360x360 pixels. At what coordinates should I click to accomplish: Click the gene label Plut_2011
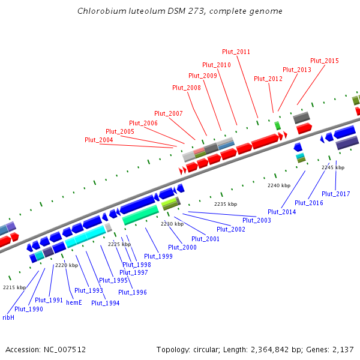tap(236, 52)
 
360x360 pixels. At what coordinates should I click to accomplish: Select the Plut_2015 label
tap(324, 61)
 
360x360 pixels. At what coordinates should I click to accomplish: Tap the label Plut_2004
tap(98, 140)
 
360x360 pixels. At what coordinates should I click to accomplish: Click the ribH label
tap(8, 317)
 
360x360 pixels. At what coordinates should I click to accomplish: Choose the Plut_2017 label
tap(335, 194)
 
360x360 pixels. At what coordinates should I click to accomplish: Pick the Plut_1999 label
tap(158, 256)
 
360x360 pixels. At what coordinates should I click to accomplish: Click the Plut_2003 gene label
tap(256, 220)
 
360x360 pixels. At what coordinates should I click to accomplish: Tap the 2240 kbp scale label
tap(278, 185)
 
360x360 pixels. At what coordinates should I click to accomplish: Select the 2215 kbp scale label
tap(14, 287)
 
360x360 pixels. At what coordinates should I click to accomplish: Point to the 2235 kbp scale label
tap(226, 204)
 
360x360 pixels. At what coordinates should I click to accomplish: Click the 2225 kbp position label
tap(119, 244)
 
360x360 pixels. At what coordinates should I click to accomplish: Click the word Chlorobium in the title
tap(98, 11)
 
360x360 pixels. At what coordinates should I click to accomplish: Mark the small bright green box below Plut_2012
tap(277, 125)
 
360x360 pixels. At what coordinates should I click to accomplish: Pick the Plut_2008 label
tap(187, 88)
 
